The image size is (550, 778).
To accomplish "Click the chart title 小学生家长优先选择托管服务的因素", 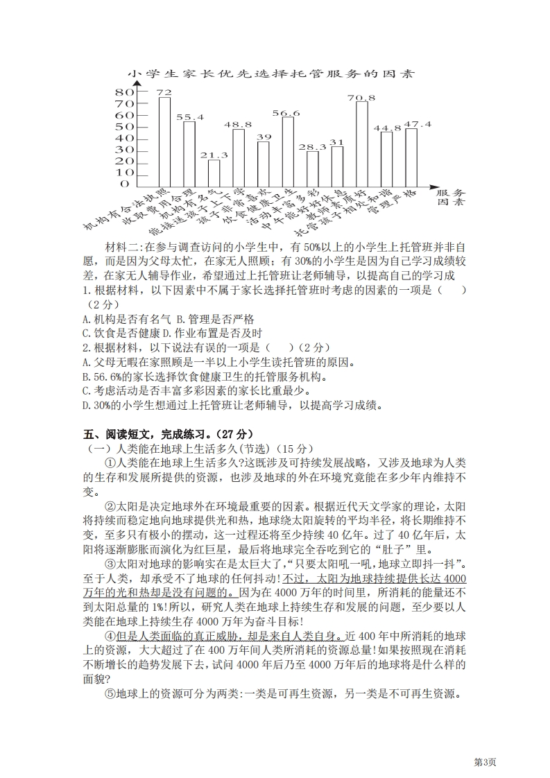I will pos(270,74).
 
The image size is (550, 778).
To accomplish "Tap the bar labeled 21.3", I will pos(214,172).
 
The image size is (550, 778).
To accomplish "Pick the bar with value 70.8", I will pos(361,143).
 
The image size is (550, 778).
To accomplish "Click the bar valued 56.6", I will pos(287,151).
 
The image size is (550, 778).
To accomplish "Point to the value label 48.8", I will pos(238,124).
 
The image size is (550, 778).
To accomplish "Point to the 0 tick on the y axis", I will pos(125,184).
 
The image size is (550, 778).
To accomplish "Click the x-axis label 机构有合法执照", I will pos(125,209).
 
